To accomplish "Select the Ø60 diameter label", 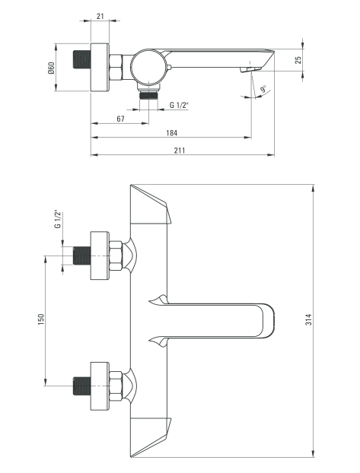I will point(51,68).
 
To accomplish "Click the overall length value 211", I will point(180,150).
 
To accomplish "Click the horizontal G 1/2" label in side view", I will point(180,105).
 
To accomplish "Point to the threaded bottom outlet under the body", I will point(149,94).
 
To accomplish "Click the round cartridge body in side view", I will point(145,68).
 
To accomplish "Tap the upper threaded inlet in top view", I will point(79,256).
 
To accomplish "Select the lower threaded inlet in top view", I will point(79,386).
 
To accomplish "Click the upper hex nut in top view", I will point(116,256).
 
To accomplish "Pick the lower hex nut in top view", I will point(116,386).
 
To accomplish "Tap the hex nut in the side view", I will point(116,68).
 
